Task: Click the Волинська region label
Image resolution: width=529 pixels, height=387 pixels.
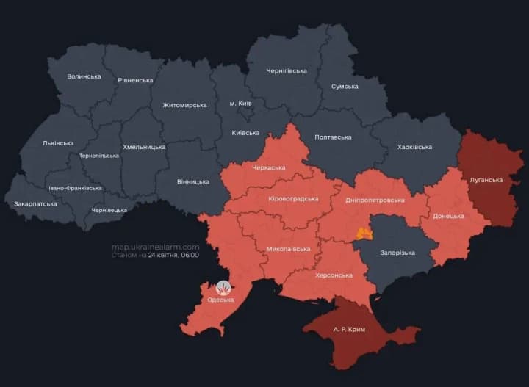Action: pos(84,76)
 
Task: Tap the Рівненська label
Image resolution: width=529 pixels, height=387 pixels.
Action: pos(135,80)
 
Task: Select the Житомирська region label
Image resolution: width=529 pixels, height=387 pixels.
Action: pos(184,105)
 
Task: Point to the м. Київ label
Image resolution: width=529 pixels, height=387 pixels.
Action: pos(240,104)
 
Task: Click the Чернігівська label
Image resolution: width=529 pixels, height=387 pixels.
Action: pos(286,70)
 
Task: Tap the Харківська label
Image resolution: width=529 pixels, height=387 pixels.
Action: pos(414,147)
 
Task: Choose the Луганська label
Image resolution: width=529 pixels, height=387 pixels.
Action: pos(486,179)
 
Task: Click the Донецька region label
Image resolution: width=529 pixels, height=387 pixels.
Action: pos(448,216)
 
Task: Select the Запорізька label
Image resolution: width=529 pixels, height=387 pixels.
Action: pos(397,253)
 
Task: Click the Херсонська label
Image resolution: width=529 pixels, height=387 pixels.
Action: pos(334,275)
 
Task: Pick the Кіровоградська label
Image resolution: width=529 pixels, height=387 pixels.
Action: pos(293,198)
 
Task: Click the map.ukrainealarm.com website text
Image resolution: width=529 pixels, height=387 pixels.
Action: pos(155,247)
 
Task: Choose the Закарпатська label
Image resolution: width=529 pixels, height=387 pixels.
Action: pos(35,203)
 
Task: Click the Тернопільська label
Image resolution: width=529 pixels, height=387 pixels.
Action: pos(98,156)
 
